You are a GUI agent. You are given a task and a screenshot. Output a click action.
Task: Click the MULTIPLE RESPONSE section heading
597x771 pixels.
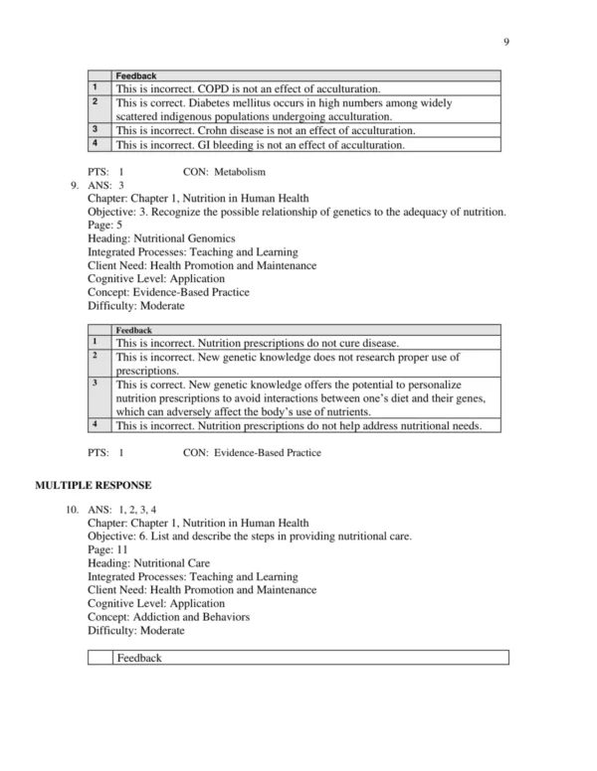click(94, 485)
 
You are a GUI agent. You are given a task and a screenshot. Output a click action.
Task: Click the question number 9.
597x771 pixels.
click(75, 185)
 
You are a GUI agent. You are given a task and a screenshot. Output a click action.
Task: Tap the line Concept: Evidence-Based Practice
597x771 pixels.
click(168, 293)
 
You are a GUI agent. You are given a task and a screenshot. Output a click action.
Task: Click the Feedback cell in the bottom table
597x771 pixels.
click(138, 658)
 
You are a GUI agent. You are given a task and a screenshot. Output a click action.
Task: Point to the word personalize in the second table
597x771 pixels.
click(441, 384)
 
